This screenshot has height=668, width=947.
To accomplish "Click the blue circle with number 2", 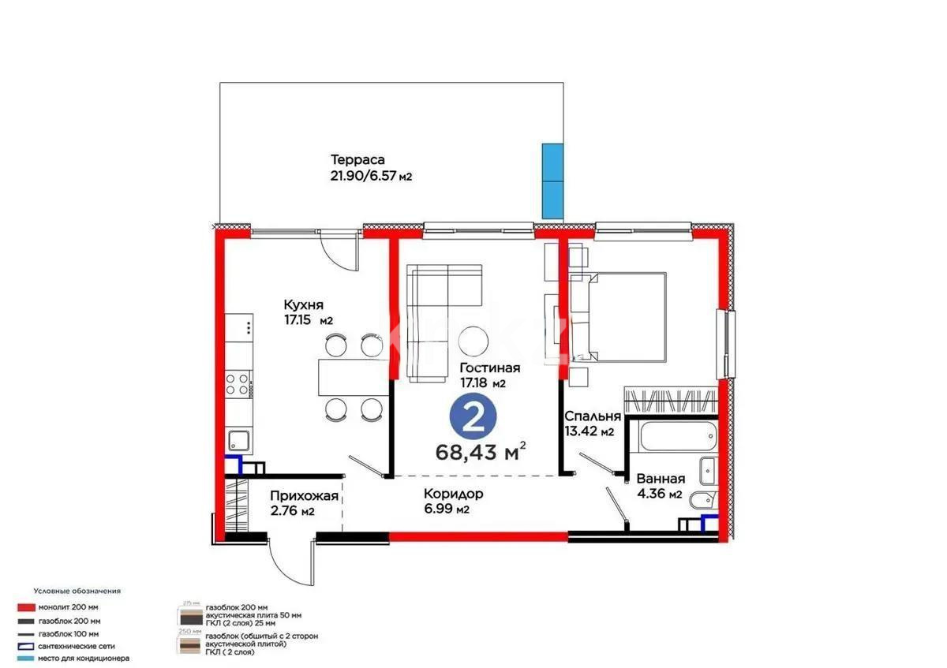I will click(473, 418).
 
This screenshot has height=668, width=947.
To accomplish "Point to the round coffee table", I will click(477, 341).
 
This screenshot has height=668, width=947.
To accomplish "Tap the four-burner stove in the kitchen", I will click(238, 386).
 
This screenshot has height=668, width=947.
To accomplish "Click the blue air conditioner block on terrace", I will click(552, 181).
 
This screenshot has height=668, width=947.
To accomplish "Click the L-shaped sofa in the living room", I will click(438, 315).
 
